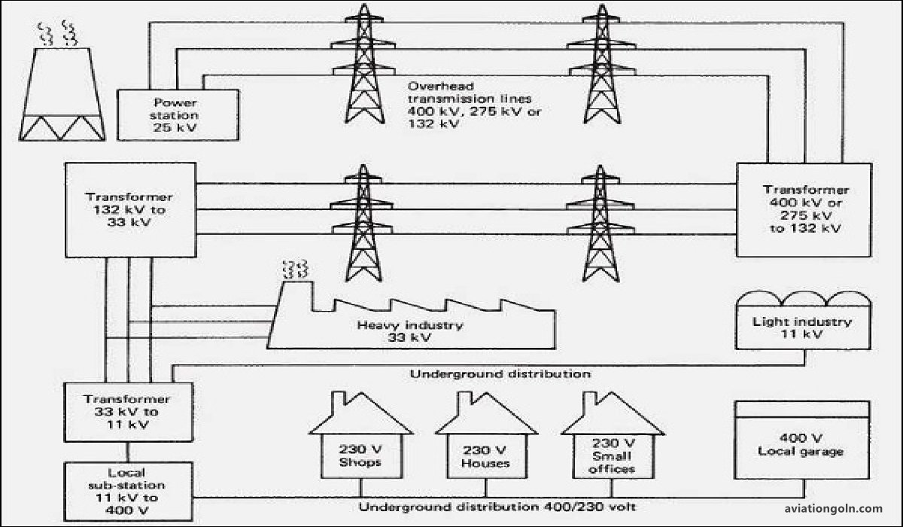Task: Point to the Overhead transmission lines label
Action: pyautogui.click(x=475, y=105)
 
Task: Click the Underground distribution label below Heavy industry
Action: pyautogui.click(x=500, y=373)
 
